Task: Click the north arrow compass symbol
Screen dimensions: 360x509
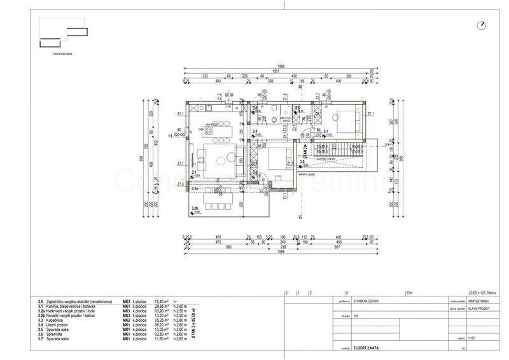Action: (x=481, y=25)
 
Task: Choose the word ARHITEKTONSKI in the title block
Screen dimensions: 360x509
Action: (x=480, y=298)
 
